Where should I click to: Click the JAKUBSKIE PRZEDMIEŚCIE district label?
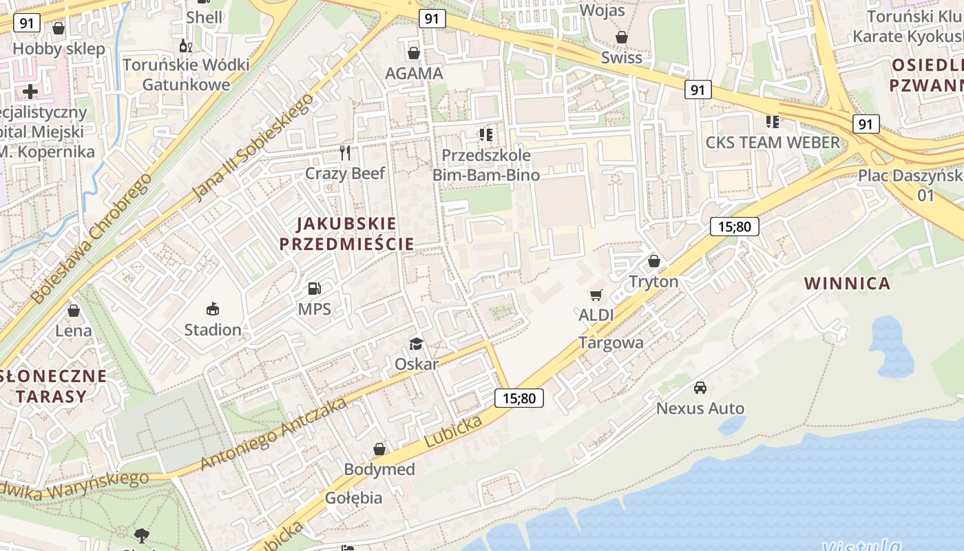(x=347, y=233)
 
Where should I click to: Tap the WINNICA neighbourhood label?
(x=847, y=283)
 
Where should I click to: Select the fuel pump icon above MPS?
(x=315, y=289)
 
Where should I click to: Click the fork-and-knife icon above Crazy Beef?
(x=345, y=152)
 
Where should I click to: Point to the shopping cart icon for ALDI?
(x=596, y=295)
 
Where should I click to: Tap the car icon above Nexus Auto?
(x=700, y=388)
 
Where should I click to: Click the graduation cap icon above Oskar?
(x=416, y=344)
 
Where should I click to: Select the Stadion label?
(x=213, y=329)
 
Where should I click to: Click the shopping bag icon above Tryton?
(x=653, y=261)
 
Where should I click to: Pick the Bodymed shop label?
(x=379, y=469)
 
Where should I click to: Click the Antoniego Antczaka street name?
(x=273, y=434)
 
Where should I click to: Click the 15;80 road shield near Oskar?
(x=519, y=397)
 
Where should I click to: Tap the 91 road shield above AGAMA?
(x=432, y=19)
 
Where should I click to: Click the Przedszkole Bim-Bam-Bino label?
(x=481, y=165)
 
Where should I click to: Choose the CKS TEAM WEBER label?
(x=773, y=143)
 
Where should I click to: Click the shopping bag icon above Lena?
(x=74, y=311)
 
